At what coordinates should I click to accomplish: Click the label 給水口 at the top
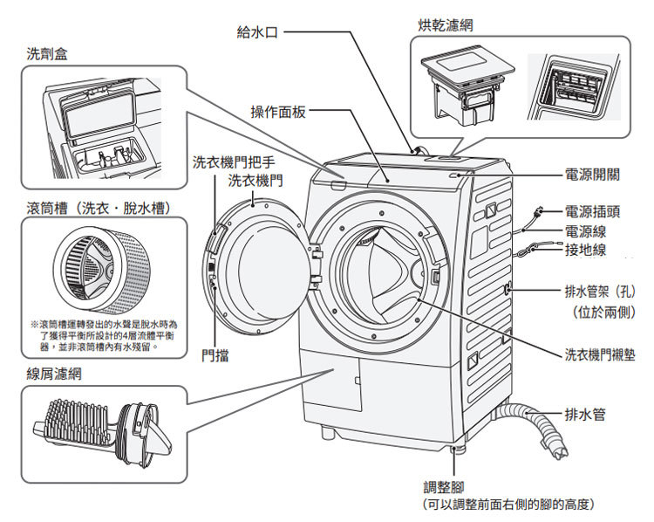coord(257,31)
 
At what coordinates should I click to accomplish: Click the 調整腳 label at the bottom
coord(442,488)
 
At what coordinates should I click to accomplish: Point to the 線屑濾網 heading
coord(55,373)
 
